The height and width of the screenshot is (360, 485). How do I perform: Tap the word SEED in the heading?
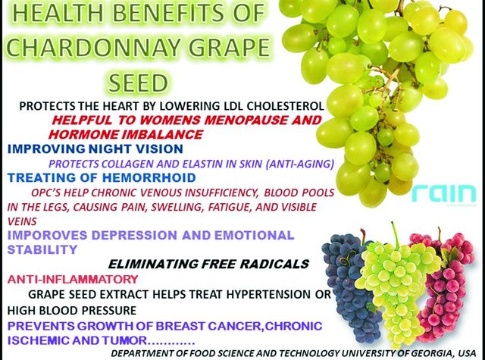tap(138, 83)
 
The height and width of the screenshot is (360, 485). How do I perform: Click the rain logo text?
tap(444, 193)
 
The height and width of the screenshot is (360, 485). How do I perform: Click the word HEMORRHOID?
tap(149, 178)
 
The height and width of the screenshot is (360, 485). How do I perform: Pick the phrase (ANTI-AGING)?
tap(300, 164)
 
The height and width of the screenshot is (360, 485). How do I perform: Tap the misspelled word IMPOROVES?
tap(48, 236)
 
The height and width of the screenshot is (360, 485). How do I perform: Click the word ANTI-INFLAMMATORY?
tap(73, 280)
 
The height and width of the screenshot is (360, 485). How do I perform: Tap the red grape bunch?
tap(443, 284)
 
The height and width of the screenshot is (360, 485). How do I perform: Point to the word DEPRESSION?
tap(135, 236)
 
